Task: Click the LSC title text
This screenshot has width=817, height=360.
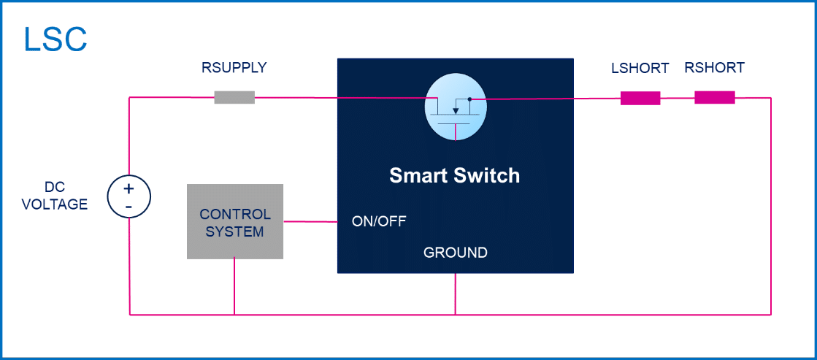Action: coord(55,40)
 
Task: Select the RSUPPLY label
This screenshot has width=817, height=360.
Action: coord(234,69)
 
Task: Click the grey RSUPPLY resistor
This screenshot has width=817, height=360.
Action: coord(234,97)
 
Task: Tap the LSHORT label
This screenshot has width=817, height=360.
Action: coord(640,69)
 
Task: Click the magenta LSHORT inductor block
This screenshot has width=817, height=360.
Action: coord(640,98)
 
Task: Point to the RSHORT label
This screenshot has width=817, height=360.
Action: coord(714,69)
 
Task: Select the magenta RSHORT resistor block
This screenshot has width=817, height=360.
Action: coord(714,98)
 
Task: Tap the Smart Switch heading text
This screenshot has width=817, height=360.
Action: coord(454,176)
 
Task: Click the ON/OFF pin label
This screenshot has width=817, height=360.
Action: coord(379,221)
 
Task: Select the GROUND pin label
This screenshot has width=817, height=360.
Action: coord(455,253)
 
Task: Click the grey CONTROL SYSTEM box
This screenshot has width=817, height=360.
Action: coord(235,222)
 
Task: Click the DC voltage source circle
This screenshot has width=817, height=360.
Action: coord(129,198)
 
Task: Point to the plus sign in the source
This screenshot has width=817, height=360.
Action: coord(129,189)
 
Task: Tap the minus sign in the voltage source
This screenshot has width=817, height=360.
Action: coord(129,207)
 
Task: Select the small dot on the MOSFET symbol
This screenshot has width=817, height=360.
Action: coord(469,98)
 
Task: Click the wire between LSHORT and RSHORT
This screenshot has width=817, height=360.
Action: coord(678,98)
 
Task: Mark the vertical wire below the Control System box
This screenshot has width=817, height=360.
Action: coord(234,286)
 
